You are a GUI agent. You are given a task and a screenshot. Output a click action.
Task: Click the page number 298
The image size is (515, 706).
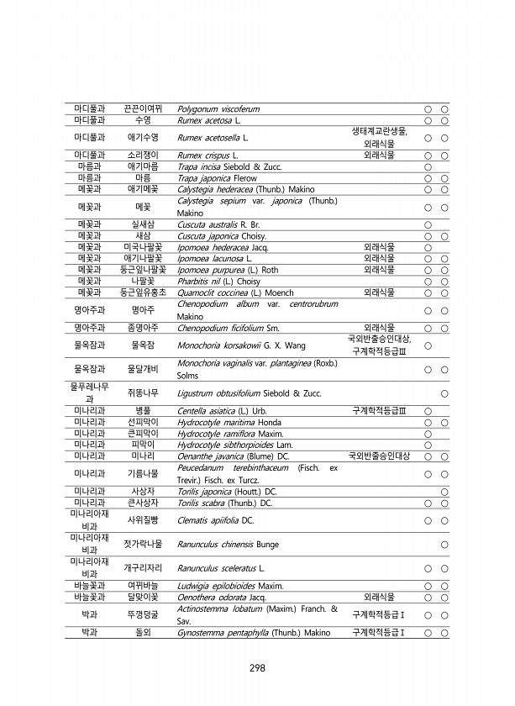click(257, 668)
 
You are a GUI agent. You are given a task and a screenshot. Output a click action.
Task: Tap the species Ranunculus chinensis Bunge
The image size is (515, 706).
click(225, 544)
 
